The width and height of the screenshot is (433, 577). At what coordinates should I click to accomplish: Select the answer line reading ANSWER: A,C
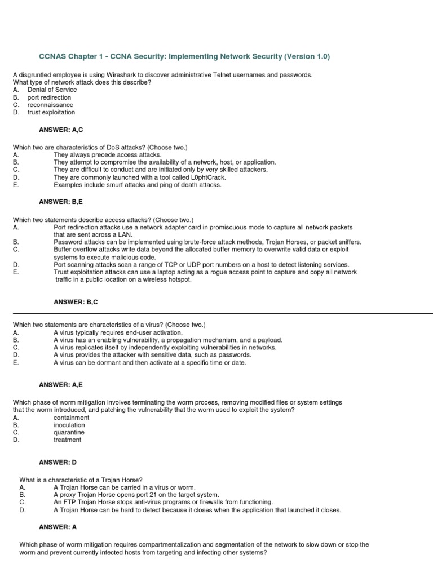coord(61,130)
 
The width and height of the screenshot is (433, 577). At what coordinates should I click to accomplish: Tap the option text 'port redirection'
coord(49,97)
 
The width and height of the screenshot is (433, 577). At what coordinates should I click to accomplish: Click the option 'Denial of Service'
coord(52,90)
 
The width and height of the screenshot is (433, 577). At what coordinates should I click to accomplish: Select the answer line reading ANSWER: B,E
coord(61,200)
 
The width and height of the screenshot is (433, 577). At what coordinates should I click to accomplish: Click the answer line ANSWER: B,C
coord(61,302)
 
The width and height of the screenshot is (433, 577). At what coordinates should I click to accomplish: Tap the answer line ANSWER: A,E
coord(61,384)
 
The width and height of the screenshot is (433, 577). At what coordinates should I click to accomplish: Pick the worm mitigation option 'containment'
coord(71,418)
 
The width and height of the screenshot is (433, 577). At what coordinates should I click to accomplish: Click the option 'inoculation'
coord(69,425)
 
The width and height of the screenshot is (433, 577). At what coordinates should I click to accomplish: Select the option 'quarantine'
coord(69,432)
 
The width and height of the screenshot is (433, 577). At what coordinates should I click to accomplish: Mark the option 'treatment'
coord(68,440)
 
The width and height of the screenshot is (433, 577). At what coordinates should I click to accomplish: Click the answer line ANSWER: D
coord(58,463)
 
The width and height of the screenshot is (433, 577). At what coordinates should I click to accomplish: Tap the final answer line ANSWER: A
coord(58,527)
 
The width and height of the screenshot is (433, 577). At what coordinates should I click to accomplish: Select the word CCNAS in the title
coord(52,56)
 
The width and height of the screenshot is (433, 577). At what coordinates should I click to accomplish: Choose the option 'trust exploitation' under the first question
coord(51,112)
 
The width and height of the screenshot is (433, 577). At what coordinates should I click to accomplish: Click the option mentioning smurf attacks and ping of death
coord(138,184)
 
